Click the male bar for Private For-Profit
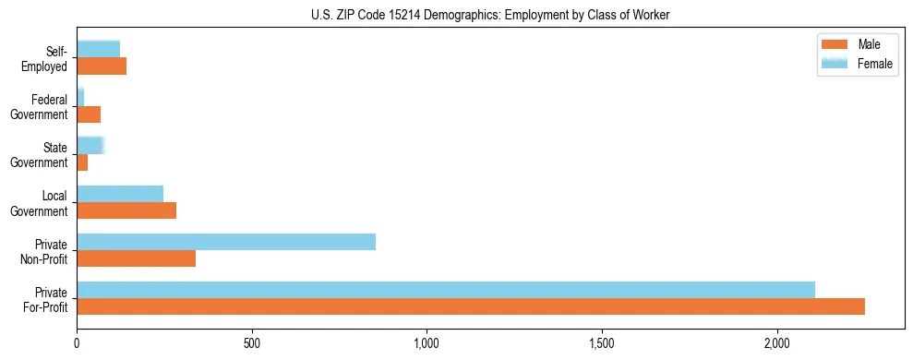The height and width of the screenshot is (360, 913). coord(471,306)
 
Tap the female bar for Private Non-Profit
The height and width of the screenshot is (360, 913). coord(226,242)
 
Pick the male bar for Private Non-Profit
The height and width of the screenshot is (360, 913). coord(136,258)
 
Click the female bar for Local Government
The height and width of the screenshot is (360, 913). coord(120,194)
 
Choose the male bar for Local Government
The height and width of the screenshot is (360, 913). coord(126,210)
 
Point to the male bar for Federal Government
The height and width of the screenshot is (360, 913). coord(89,114)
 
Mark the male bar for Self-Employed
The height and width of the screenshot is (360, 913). coord(102,66)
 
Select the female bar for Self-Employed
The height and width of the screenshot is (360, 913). coord(98,50)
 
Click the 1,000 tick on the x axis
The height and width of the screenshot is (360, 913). coord(426,343)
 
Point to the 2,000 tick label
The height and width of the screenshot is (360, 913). coord(777,343)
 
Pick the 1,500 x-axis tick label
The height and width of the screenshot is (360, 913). coord(602,343)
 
